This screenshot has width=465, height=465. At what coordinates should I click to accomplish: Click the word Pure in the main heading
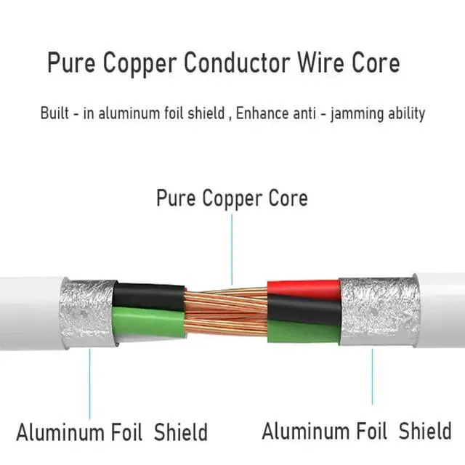pyautogui.click(x=71, y=63)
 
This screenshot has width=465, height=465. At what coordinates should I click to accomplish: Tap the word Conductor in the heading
pyautogui.click(x=237, y=63)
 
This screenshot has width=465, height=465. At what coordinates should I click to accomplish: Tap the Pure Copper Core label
pyautogui.click(x=232, y=198)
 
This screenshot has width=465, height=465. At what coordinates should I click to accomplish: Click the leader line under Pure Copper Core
pyautogui.click(x=232, y=249)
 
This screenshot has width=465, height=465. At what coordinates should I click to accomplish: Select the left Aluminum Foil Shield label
pyautogui.click(x=112, y=432)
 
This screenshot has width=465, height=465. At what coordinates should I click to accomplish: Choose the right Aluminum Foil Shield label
pyautogui.click(x=357, y=431)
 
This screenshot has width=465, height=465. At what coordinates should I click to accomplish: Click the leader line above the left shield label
pyautogui.click(x=89, y=384)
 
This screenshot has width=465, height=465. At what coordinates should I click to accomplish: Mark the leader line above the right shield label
pyautogui.click(x=373, y=376)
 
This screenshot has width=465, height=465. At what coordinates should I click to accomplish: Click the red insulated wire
pyautogui.click(x=304, y=289)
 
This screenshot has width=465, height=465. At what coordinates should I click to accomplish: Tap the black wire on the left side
pyautogui.click(x=148, y=296)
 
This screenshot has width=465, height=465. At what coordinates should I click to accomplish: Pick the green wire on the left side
pyautogui.click(x=148, y=323)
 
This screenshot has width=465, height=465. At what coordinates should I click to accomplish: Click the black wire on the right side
pyautogui.click(x=304, y=310)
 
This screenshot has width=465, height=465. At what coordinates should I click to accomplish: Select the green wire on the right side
pyautogui.click(x=304, y=332)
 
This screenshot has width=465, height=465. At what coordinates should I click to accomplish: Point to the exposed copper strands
pyautogui.click(x=226, y=313)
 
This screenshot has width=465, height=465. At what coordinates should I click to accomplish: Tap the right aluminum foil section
pyautogui.click(x=379, y=311)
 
